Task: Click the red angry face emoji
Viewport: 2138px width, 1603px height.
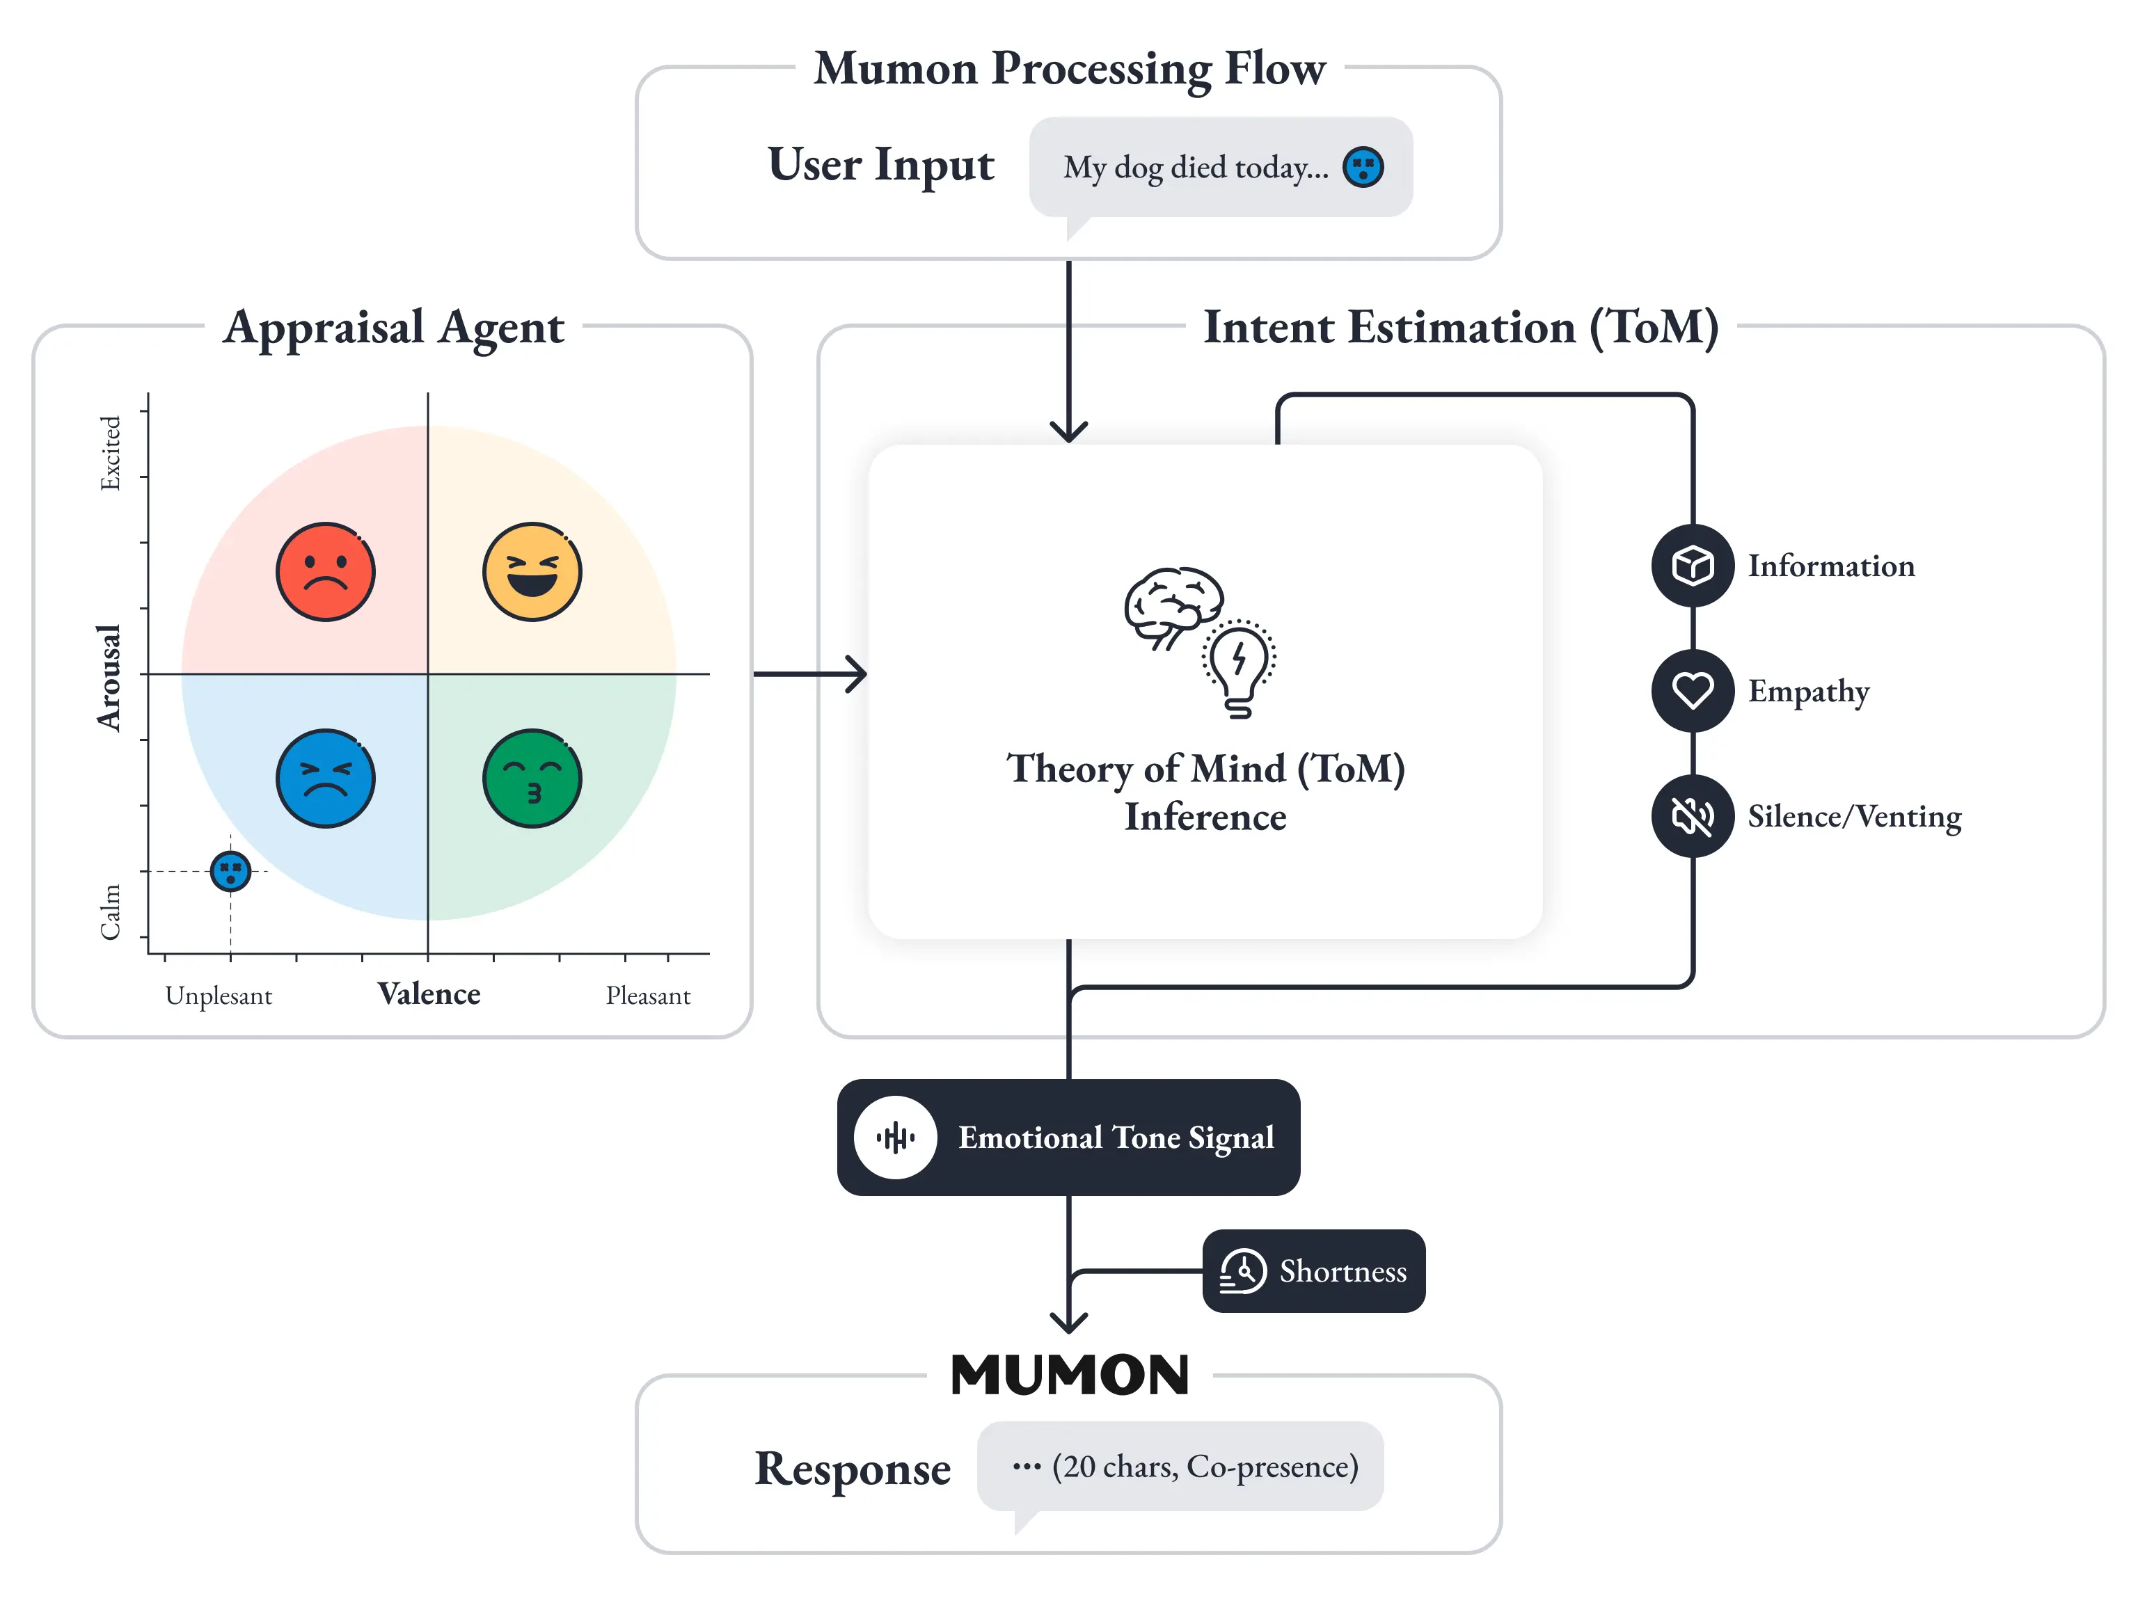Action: [326, 572]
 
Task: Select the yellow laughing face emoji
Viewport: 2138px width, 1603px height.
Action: [532, 572]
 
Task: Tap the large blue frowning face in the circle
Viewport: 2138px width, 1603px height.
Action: [326, 778]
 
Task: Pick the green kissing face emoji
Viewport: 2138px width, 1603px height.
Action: [532, 778]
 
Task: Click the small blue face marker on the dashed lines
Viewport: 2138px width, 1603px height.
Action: [230, 870]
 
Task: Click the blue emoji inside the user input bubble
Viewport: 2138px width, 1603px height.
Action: [1363, 167]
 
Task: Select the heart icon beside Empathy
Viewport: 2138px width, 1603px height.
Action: [1693, 691]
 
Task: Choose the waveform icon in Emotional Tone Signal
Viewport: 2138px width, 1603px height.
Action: [895, 1138]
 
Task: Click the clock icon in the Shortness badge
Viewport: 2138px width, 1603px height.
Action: [1243, 1270]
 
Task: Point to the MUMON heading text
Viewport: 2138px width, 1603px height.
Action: [1069, 1374]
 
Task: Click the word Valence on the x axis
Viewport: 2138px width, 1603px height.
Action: [429, 994]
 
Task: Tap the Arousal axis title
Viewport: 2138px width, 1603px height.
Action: [109, 678]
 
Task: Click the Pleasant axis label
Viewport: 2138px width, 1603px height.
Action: [647, 995]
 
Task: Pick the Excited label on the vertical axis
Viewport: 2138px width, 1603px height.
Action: [110, 453]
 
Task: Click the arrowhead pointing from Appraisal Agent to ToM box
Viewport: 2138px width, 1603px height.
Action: [855, 673]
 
